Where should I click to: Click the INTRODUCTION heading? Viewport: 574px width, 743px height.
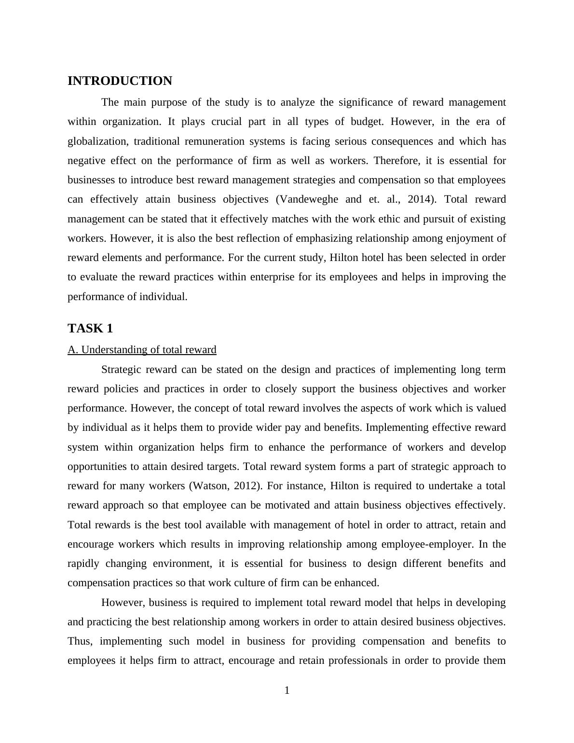[x=120, y=81]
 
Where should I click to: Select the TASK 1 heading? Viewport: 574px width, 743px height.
[x=90, y=329]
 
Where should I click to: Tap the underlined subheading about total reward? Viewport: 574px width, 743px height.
[x=142, y=350]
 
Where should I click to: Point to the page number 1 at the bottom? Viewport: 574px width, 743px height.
[x=287, y=691]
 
